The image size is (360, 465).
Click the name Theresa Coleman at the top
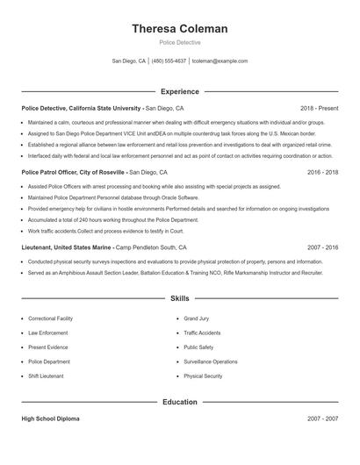pos(179,29)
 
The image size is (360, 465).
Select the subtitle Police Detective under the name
pos(179,42)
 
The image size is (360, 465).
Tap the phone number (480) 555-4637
pos(169,61)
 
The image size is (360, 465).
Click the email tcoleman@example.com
pos(220,61)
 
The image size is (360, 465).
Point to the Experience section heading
pos(179,91)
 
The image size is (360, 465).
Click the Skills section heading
pos(179,299)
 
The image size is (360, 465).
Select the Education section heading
pos(179,402)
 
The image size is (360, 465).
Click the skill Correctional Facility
pos(50,318)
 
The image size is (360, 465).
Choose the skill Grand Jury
pos(197,318)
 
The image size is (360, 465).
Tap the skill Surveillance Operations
pos(210,361)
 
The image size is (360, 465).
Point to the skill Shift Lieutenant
pos(46,376)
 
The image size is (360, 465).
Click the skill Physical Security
pos(202,376)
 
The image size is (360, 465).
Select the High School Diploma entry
pos(50,418)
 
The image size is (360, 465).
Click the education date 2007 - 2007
pos(322,418)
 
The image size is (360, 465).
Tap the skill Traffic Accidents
pos(202,333)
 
